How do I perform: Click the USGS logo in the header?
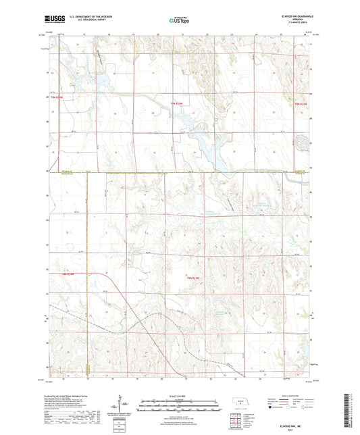point(52,19)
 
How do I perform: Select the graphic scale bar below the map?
point(180,403)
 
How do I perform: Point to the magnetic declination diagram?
point(124,405)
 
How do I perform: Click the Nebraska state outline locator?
point(240,402)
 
